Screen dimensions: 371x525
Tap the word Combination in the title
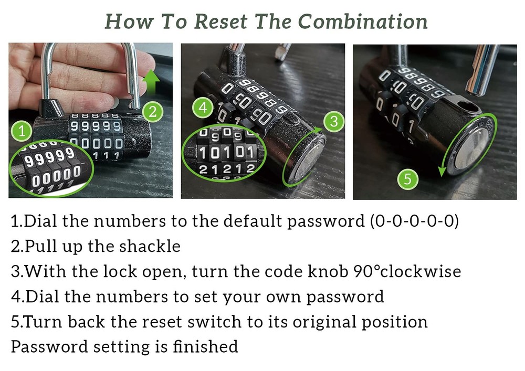tap(363, 22)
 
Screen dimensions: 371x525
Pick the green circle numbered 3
tap(332, 122)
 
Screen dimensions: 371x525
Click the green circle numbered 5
tap(408, 181)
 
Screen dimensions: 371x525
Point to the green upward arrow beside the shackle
tap(152, 82)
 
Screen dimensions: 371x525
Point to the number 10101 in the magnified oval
tap(227, 153)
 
